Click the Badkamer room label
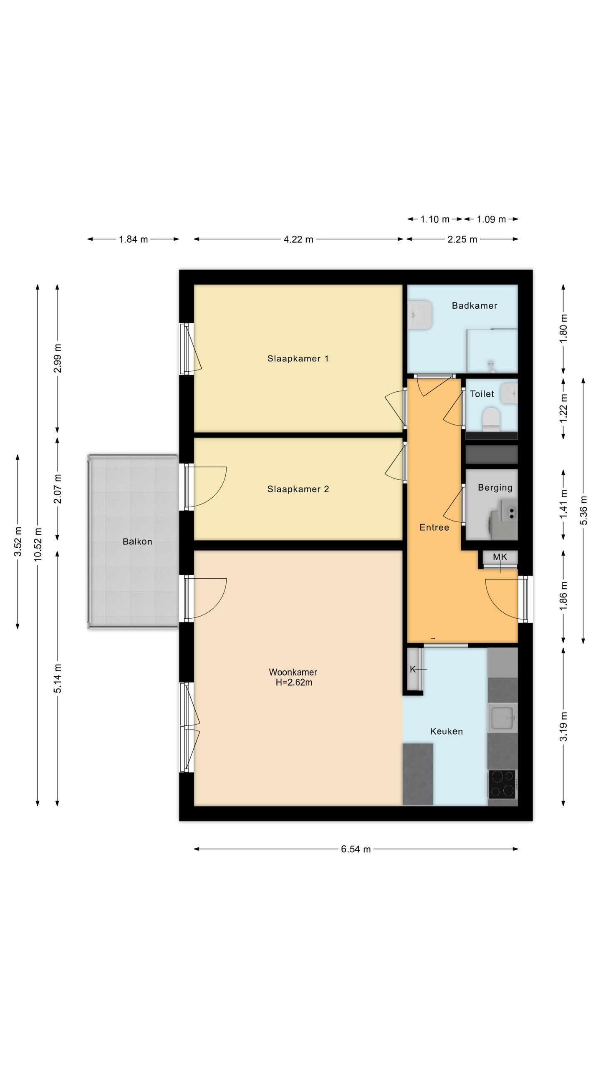click(475, 306)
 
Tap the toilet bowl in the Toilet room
click(491, 418)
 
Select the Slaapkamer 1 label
click(298, 358)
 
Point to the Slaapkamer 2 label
click(298, 489)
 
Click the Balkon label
click(137, 542)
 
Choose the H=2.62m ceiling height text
click(294, 683)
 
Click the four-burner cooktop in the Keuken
click(502, 784)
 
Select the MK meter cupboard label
click(500, 557)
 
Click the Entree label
click(434, 527)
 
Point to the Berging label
click(495, 487)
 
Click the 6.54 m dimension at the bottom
click(356, 849)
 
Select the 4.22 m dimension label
click(298, 239)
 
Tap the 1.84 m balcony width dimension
click(134, 239)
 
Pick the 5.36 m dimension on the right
click(583, 511)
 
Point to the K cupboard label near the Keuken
click(413, 669)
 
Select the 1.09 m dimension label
click(491, 219)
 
